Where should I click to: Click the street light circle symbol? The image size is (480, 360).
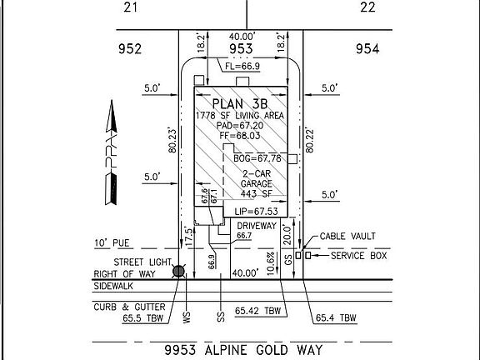pyautogui.click(x=177, y=270)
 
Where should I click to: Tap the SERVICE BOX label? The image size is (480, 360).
pyautogui.click(x=359, y=255)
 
